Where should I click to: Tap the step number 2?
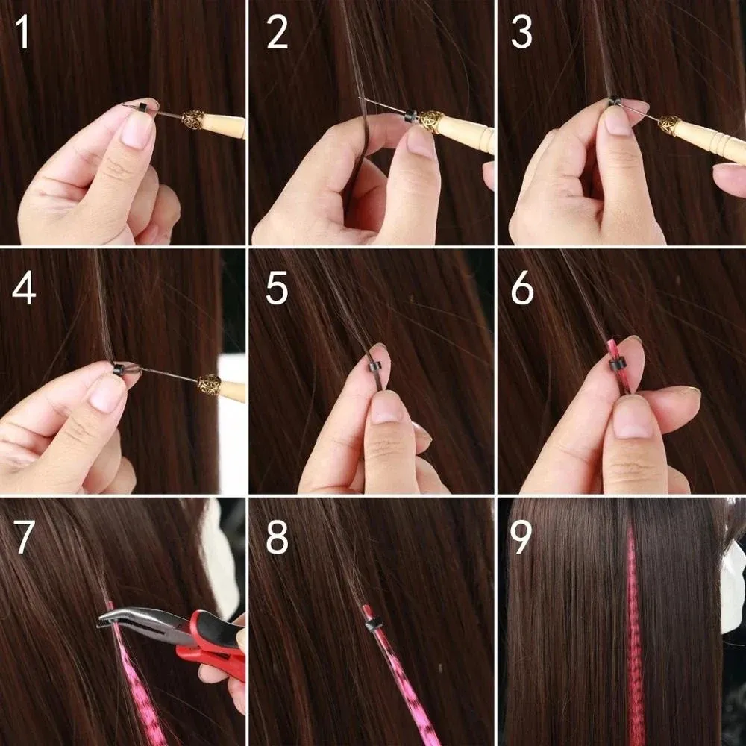click(277, 34)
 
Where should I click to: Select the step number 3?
click(522, 34)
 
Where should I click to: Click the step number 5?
click(277, 289)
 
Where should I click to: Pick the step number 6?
click(522, 289)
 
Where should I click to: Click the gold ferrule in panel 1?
click(193, 119)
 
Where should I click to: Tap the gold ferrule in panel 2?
click(430, 121)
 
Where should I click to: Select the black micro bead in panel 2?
click(410, 116)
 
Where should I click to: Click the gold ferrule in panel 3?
click(670, 125)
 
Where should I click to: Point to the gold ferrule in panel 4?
click(209, 384)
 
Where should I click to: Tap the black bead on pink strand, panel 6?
click(616, 366)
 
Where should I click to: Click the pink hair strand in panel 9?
click(635, 634)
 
